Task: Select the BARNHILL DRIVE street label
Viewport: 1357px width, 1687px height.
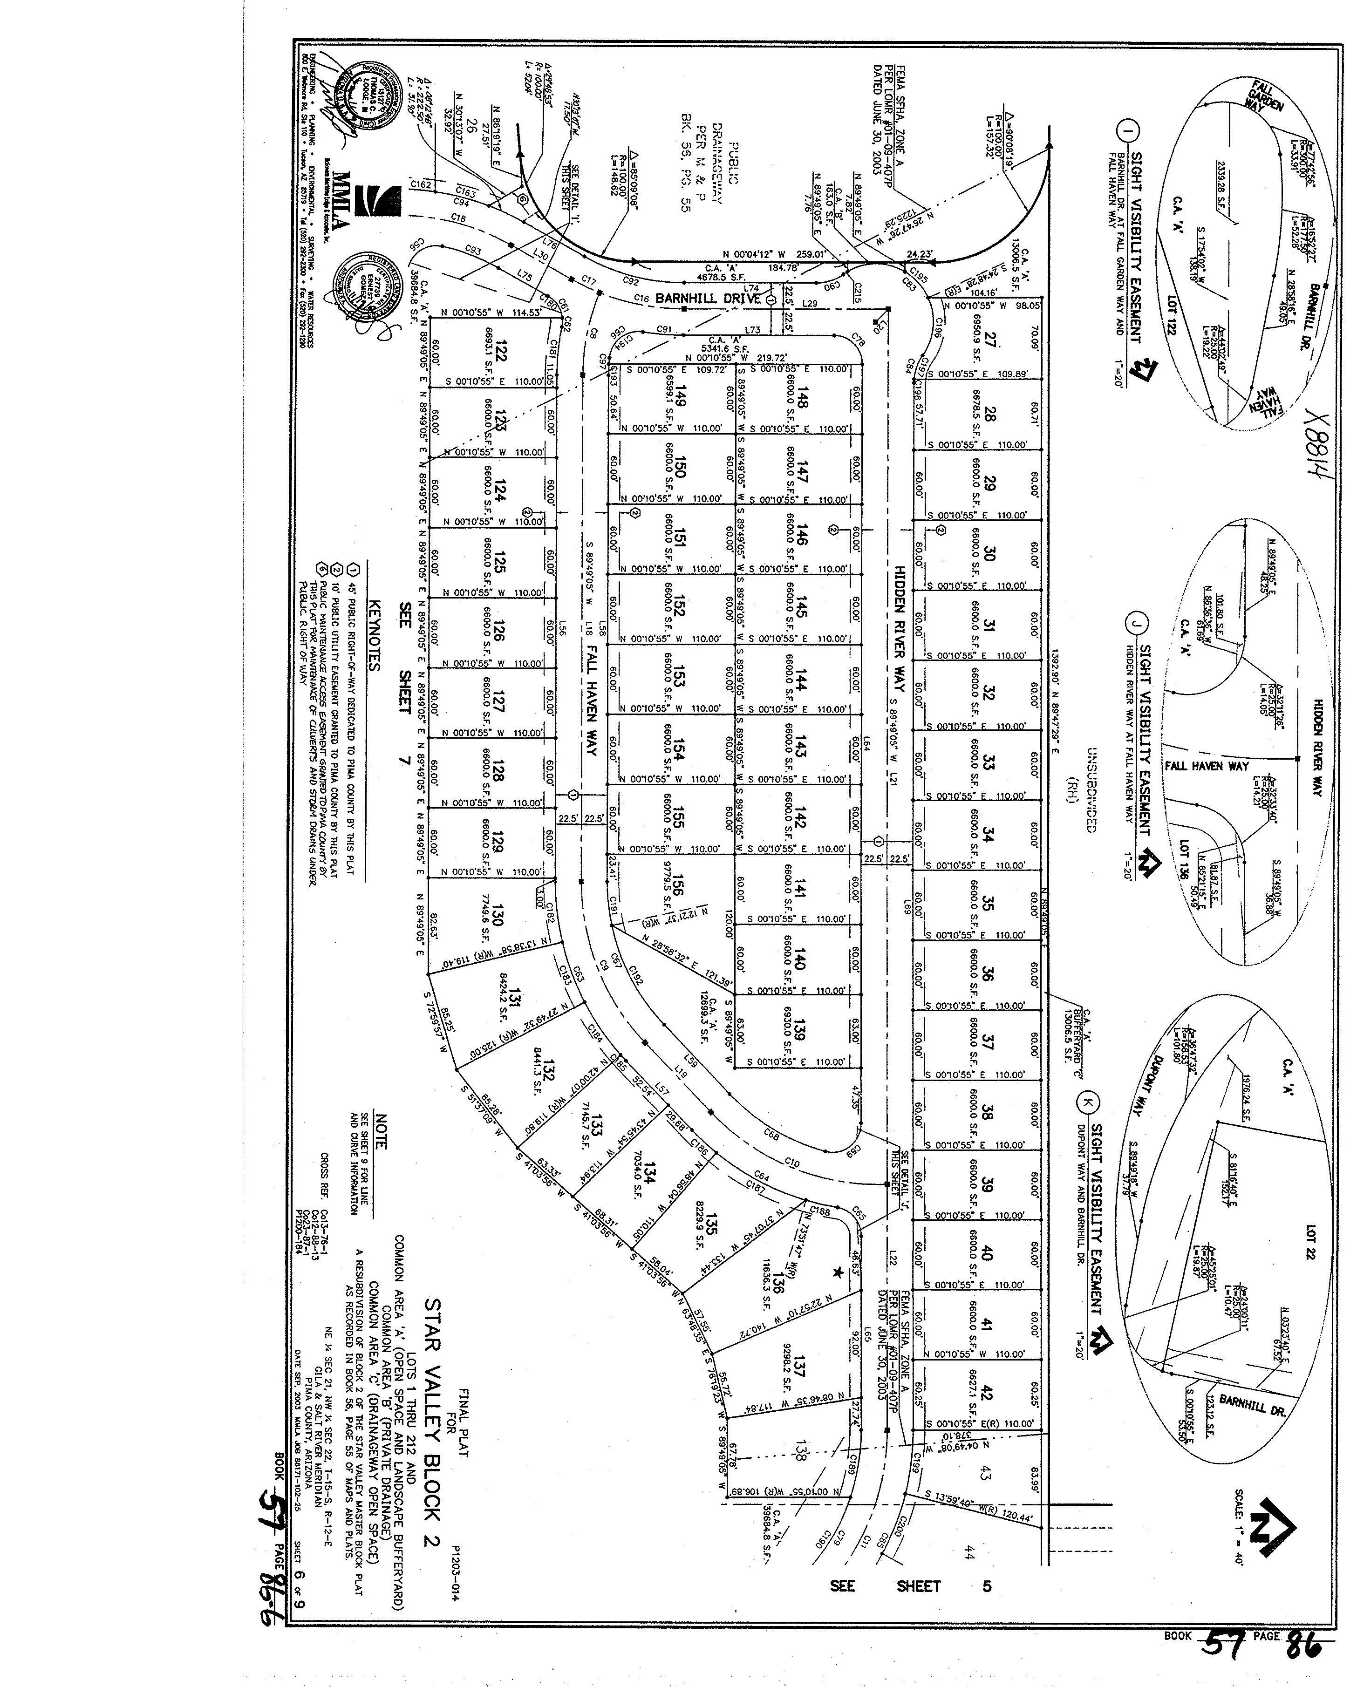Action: pos(708,298)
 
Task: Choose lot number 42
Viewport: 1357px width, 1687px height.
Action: pos(987,1393)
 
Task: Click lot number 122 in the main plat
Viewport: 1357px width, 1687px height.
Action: pos(501,354)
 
